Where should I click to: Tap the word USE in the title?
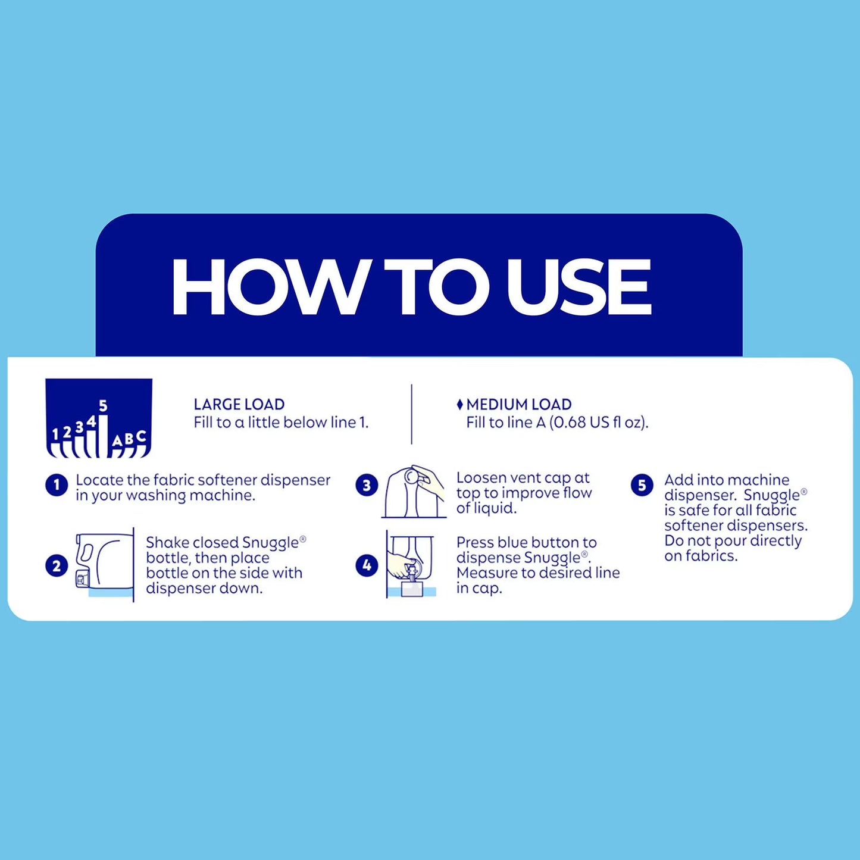pos(579,287)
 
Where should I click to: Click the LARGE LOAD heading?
pos(239,404)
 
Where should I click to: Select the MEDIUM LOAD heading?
pos(518,404)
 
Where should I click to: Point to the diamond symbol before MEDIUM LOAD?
pos(460,405)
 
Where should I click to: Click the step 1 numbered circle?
pos(57,485)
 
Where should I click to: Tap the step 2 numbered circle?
pos(57,566)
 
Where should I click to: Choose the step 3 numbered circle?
pos(367,485)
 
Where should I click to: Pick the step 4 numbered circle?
pos(367,565)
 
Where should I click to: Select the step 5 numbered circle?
pos(642,485)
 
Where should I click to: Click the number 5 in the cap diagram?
pos(104,406)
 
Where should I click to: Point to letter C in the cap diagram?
pos(141,436)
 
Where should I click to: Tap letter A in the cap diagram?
pos(117,441)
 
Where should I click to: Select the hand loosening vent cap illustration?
pos(414,492)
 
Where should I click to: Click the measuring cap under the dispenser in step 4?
pos(412,588)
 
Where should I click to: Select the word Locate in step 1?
pos(99,480)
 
